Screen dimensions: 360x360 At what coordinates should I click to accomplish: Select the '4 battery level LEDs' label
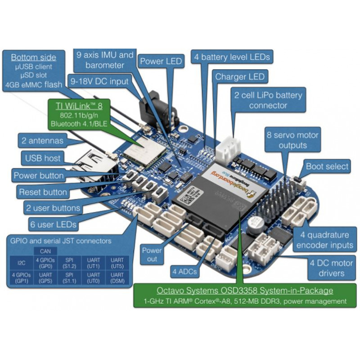[232, 57]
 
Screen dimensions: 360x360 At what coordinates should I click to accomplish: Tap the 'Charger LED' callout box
[240, 76]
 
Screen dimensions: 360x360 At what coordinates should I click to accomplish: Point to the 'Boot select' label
[327, 166]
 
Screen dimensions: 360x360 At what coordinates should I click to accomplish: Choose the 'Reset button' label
[43, 192]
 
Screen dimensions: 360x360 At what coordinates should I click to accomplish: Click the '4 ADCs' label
[184, 271]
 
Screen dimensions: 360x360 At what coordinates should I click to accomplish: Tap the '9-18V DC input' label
[99, 81]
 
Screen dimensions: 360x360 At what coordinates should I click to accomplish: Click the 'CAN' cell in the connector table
[45, 251]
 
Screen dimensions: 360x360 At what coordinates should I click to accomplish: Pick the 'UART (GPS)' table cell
[45, 277]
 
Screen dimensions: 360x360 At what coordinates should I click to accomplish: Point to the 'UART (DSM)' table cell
[117, 277]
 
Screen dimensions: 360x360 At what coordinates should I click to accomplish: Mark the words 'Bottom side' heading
[34, 58]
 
